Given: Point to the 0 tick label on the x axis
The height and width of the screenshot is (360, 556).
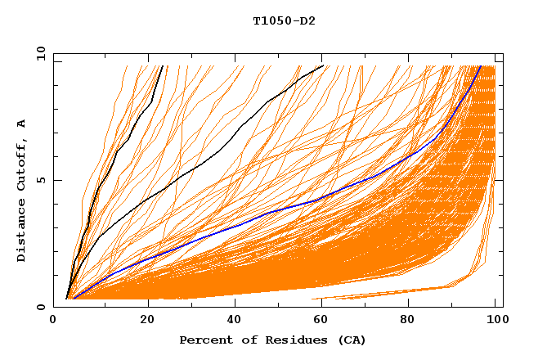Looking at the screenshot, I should pos(54,320).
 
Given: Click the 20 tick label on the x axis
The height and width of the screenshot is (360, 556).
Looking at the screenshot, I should pos(142,320).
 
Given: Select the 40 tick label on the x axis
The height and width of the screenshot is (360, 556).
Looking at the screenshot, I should pos(231,320).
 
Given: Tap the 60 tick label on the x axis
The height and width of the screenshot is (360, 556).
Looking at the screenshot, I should pos(319,320).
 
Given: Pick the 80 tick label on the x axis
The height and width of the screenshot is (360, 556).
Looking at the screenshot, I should pos(407,320).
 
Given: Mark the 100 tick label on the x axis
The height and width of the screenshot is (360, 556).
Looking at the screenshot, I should pos(495,320).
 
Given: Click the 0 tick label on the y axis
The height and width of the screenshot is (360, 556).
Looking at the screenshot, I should pos(41,307).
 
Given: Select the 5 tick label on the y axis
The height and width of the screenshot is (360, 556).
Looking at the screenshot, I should pos(41,180).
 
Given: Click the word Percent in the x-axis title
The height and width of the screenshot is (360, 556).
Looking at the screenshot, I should pos(202,340).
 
